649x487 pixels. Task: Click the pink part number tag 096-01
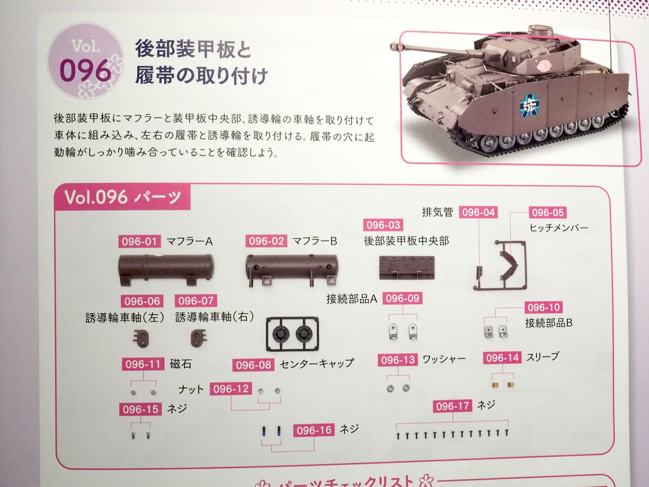[x=139, y=241]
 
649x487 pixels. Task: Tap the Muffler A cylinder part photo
[x=166, y=269]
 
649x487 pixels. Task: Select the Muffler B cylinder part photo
[x=292, y=270]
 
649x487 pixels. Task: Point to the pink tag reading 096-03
[x=383, y=225]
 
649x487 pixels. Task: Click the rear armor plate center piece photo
[x=407, y=268]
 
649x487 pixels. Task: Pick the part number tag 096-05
[x=548, y=213]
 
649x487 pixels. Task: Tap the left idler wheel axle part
[x=141, y=338]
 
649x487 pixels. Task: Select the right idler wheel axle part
[x=199, y=338]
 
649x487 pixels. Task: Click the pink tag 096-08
[x=254, y=365]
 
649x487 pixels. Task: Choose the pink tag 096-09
[x=403, y=298]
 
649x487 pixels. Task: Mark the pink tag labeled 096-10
[x=544, y=307]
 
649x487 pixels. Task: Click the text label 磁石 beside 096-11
[x=181, y=364]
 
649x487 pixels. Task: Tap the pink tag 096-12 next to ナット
[x=231, y=389]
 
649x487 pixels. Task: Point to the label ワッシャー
[x=444, y=359]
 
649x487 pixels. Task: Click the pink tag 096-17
[x=452, y=406]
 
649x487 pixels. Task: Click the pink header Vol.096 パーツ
[x=122, y=197]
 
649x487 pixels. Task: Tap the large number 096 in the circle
[x=86, y=71]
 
